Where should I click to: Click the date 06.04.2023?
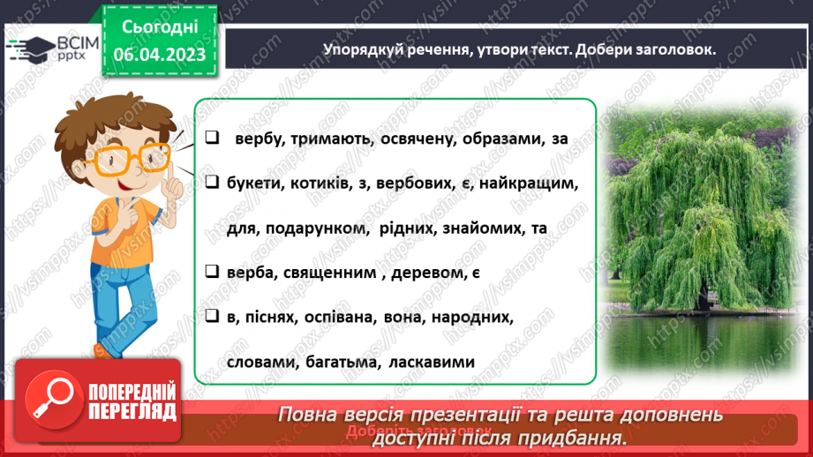(x=158, y=55)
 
